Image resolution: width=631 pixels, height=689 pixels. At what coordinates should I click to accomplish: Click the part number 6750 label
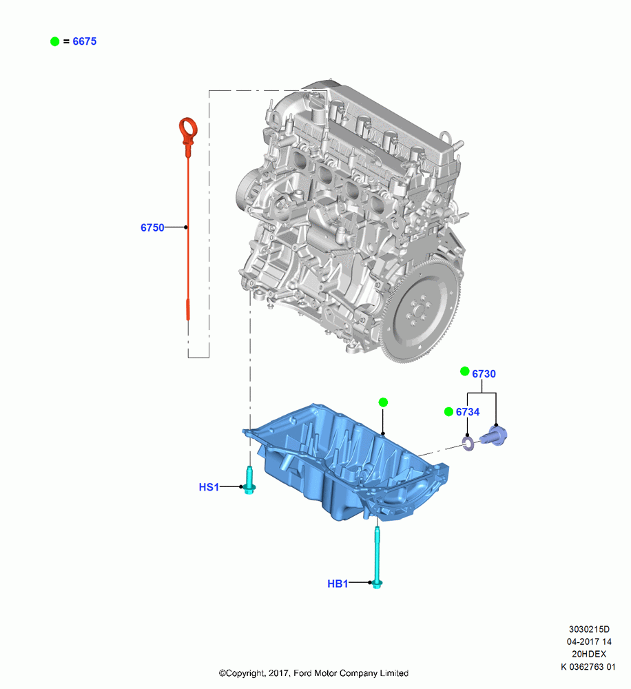click(152, 227)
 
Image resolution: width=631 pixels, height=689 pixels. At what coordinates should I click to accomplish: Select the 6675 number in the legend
click(84, 41)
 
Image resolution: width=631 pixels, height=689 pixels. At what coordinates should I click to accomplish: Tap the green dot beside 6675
click(55, 41)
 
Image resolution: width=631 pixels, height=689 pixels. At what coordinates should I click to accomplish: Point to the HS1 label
click(209, 487)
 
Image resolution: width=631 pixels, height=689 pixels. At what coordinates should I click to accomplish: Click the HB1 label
click(338, 584)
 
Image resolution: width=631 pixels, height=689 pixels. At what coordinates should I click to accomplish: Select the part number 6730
click(484, 373)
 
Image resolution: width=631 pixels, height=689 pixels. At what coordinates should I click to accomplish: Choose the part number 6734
click(468, 412)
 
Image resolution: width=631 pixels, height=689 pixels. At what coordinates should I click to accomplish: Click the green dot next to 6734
click(448, 411)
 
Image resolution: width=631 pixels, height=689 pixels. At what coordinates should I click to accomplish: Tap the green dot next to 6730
click(464, 371)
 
